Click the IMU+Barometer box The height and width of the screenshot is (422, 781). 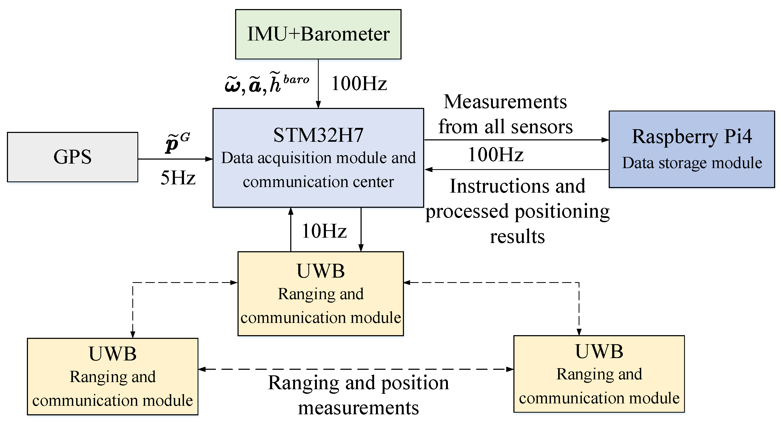pyautogui.click(x=318, y=34)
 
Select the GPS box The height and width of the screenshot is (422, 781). pyautogui.click(x=72, y=157)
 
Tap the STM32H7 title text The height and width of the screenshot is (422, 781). pyautogui.click(x=318, y=135)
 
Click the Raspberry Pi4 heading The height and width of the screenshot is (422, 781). pyautogui.click(x=692, y=136)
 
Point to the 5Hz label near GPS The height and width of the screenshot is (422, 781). pyautogui.click(x=178, y=178)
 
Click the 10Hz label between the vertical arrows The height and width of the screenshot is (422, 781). pyautogui.click(x=324, y=231)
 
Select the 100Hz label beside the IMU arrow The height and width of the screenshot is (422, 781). pyautogui.click(x=359, y=83)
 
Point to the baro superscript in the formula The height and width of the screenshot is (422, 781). pyautogui.click(x=296, y=79)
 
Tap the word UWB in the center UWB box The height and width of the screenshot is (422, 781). pyautogui.click(x=320, y=271)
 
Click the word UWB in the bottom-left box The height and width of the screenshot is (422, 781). pyautogui.click(x=112, y=354)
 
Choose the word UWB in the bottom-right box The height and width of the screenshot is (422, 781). pyautogui.click(x=599, y=351)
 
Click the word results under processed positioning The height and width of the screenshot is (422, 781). pyautogui.click(x=517, y=236)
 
